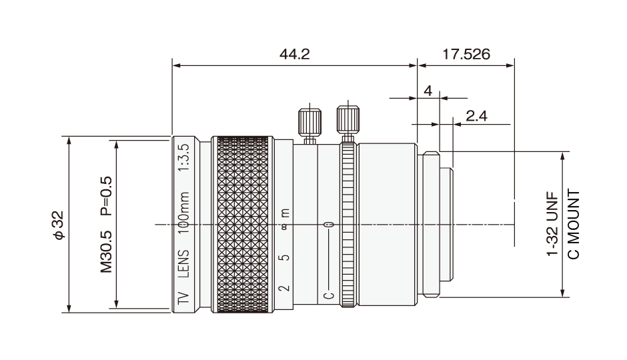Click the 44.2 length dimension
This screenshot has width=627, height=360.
click(x=295, y=54)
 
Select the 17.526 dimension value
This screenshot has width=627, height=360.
click(x=466, y=54)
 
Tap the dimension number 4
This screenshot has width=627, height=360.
click(x=428, y=91)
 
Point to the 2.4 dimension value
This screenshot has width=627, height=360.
click(x=477, y=116)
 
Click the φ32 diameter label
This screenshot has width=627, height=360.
click(x=59, y=225)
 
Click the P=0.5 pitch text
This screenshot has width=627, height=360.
click(x=106, y=196)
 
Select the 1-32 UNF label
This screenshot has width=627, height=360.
click(x=552, y=225)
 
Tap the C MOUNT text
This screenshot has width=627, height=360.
click(x=574, y=225)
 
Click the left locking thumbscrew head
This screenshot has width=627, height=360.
click(x=309, y=122)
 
